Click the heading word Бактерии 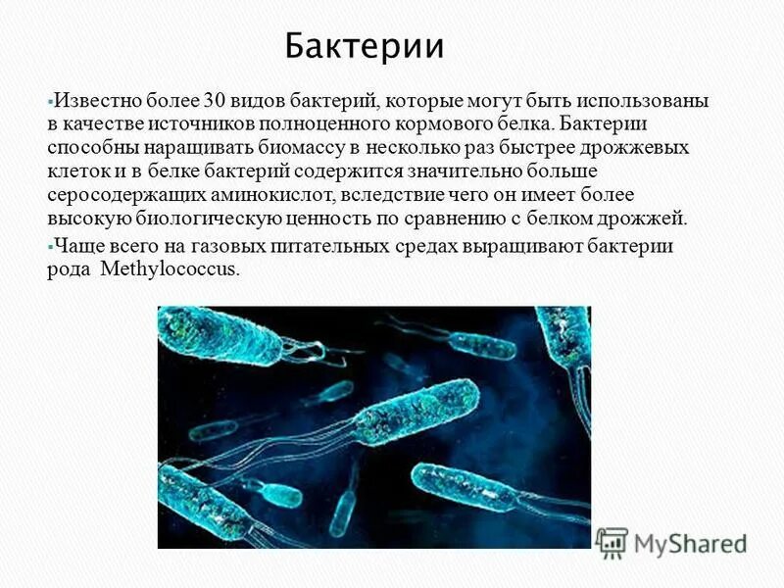point(365,46)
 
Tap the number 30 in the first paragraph point(216,102)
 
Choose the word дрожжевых point(638,149)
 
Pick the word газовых point(236,247)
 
